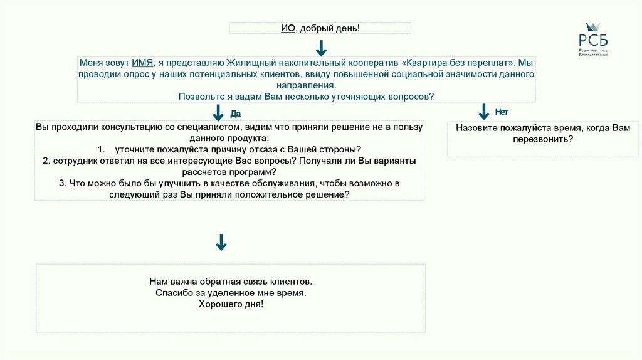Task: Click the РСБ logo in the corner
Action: click(x=593, y=39)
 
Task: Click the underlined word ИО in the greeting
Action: click(x=288, y=28)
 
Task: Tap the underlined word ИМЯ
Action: click(x=143, y=63)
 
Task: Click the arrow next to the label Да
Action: click(x=219, y=112)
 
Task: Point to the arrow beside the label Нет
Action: click(x=483, y=112)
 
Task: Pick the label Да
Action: click(x=236, y=114)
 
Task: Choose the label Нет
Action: click(x=502, y=112)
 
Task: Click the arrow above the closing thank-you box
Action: click(x=221, y=242)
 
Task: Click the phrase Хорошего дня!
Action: click(x=231, y=304)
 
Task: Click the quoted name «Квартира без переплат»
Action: click(x=460, y=63)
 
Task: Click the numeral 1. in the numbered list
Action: click(x=102, y=149)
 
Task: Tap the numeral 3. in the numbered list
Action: click(x=63, y=183)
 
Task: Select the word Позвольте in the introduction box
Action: click(x=199, y=96)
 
